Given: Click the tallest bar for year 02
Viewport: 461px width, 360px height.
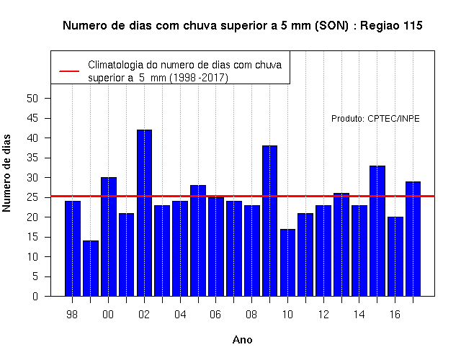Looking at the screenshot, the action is click(x=144, y=213).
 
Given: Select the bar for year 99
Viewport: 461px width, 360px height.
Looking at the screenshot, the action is click(x=91, y=269).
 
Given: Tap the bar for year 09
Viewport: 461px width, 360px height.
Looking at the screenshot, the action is click(x=269, y=221).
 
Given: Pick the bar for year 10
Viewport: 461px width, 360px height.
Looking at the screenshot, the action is click(x=287, y=262).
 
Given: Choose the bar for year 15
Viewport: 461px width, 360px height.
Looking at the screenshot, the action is click(x=377, y=231).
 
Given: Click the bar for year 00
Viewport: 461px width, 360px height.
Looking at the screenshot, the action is click(x=109, y=237).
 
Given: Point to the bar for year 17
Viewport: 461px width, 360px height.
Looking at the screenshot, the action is click(x=413, y=239).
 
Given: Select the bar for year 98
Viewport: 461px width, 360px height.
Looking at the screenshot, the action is click(x=73, y=248).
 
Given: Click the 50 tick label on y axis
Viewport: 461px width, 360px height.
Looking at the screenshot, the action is click(x=32, y=99).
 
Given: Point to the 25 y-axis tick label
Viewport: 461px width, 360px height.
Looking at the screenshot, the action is click(x=32, y=197).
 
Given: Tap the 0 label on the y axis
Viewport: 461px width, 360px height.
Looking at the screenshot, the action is click(x=35, y=296).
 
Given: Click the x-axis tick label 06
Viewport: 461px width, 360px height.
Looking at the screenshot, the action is click(x=215, y=315).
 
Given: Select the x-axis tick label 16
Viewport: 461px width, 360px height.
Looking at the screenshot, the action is click(x=395, y=315).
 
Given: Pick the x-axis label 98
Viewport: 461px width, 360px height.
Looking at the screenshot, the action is click(x=72, y=315).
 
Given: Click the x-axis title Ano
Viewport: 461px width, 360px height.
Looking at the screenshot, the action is click(x=243, y=340).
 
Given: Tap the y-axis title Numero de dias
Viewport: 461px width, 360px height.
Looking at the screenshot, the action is click(x=6, y=173).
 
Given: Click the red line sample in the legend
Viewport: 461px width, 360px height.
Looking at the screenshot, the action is click(x=69, y=71).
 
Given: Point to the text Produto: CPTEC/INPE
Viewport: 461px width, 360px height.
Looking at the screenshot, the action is click(x=375, y=118).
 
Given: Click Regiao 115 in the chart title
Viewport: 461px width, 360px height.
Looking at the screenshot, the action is click(x=391, y=26).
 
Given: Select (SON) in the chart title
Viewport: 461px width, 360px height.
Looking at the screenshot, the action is click(x=332, y=26).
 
